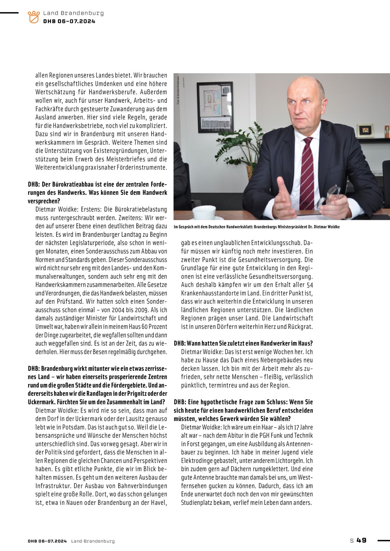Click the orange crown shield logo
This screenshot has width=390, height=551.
click(34, 17)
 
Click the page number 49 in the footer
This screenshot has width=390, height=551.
click(361, 540)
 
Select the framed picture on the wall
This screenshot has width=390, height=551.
click(215, 107)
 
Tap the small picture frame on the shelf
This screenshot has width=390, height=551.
click(365, 131)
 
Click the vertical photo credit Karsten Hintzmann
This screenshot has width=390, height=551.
click(178, 90)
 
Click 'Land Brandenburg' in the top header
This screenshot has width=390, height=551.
click(73, 13)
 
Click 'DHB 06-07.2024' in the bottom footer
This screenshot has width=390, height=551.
click(47, 541)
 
